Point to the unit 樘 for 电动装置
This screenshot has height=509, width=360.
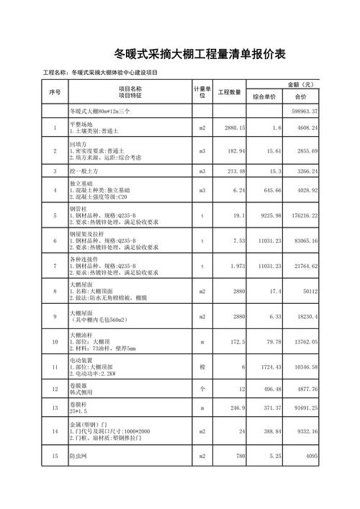coord(202,368)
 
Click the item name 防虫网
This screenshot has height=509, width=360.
coord(79,456)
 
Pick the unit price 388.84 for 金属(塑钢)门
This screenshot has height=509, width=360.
coord(269,431)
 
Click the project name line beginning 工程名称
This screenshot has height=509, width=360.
coord(101,73)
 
